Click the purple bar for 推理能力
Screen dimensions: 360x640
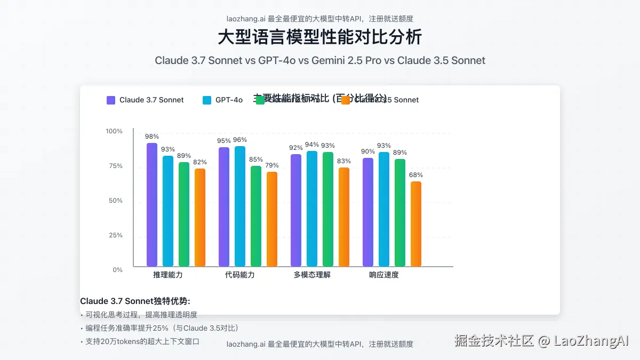[x=152, y=205]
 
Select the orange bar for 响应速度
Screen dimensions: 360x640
[x=416, y=224]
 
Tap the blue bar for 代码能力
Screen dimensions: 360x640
[x=240, y=206]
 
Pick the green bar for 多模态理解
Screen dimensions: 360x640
[x=328, y=209]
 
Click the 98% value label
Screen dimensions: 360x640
[x=152, y=137]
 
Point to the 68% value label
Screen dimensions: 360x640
[x=416, y=175]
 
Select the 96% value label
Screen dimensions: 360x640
[x=240, y=140]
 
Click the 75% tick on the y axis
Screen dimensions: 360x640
[x=115, y=166]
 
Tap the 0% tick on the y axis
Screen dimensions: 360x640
[x=117, y=270]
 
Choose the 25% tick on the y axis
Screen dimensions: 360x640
[x=115, y=235]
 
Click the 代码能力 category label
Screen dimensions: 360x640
[x=240, y=275]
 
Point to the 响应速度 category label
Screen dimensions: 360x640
[x=384, y=275]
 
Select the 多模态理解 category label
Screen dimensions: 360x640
[x=312, y=275]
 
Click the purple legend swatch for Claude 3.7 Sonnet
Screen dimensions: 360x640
[x=111, y=100]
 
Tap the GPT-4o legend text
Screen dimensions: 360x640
[x=229, y=100]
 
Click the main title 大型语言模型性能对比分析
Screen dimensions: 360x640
[x=320, y=37]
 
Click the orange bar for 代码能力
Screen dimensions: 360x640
[x=272, y=219]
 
